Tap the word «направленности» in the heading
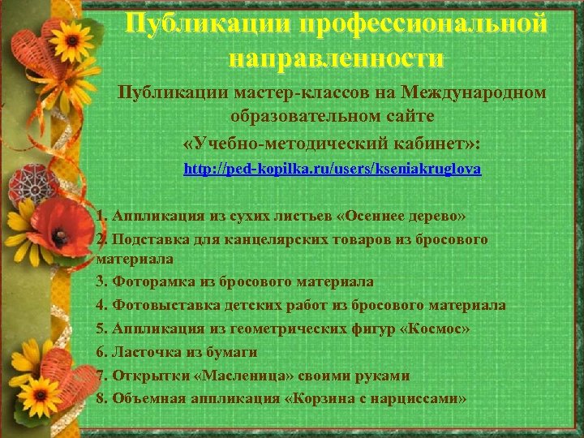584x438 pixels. (x=336, y=58)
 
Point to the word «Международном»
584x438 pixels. (x=477, y=92)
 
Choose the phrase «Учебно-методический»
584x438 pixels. (x=294, y=144)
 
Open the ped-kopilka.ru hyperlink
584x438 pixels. (x=333, y=170)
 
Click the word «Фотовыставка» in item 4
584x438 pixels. (x=153, y=305)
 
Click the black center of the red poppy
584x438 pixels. (x=61, y=234)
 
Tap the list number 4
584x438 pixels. (x=100, y=305)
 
